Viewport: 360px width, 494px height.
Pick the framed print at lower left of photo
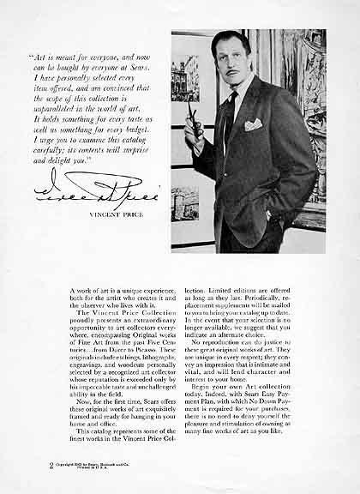pos(184,203)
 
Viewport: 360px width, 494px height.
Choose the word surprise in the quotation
pos(144,123)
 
